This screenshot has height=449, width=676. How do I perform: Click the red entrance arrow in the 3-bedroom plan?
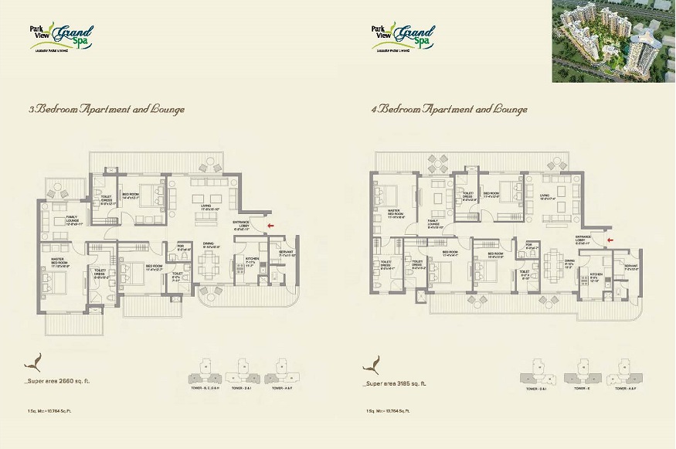coord(268,226)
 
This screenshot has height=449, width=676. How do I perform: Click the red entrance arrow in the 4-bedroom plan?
coord(610,240)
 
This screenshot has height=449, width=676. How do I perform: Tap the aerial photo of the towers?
coord(613,41)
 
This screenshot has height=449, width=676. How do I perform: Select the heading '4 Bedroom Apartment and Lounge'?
coord(450,110)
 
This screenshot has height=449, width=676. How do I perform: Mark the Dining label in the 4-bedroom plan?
coord(569,264)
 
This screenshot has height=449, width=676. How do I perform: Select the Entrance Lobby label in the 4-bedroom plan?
coord(584,241)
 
